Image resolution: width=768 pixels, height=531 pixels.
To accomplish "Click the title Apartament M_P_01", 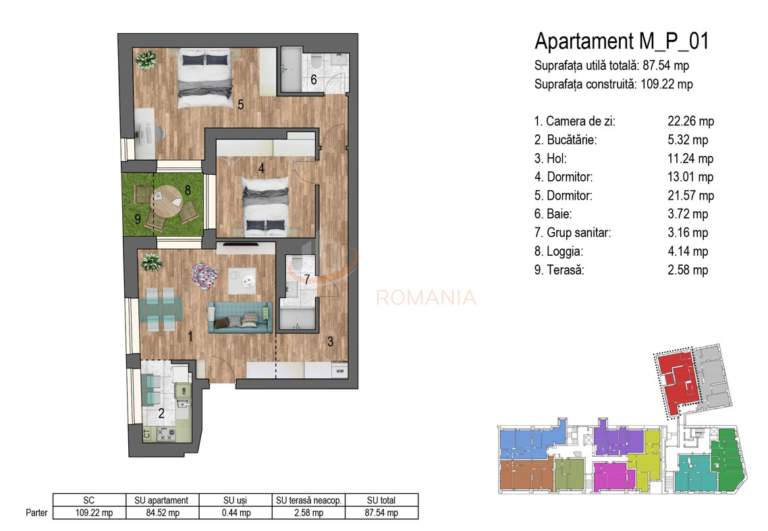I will click(622, 41).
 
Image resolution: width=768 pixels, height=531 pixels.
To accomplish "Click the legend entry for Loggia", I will click(559, 251).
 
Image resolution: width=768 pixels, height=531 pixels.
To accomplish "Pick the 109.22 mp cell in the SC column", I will click(89, 513).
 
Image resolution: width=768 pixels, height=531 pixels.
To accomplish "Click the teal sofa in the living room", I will click(240, 318).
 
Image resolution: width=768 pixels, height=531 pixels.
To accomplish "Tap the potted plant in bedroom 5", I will click(146, 60).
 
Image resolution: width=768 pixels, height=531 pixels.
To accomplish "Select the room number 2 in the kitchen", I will click(161, 414).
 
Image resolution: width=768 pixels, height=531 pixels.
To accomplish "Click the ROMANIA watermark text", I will click(426, 298).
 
